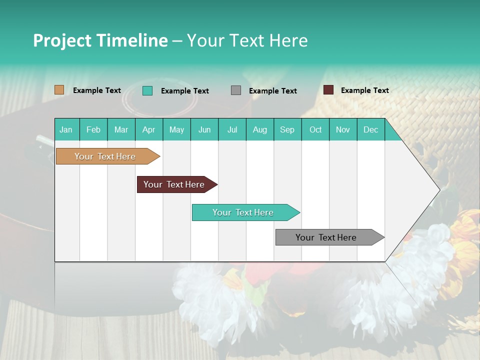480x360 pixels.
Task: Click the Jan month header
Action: click(66, 129)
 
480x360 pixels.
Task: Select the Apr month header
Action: click(149, 129)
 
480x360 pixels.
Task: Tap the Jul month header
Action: click(232, 129)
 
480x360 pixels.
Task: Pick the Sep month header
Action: click(287, 129)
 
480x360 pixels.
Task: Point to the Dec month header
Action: click(370, 129)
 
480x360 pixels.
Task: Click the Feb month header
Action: click(93, 129)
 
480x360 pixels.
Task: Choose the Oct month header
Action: click(315, 129)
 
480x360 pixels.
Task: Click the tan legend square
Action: click(59, 90)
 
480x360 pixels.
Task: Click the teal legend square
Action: click(147, 90)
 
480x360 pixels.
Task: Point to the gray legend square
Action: click(236, 90)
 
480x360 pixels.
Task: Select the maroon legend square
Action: click(328, 90)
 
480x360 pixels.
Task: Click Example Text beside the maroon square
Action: click(364, 90)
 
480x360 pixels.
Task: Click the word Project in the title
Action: click(61, 40)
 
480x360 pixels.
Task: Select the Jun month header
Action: click(204, 129)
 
